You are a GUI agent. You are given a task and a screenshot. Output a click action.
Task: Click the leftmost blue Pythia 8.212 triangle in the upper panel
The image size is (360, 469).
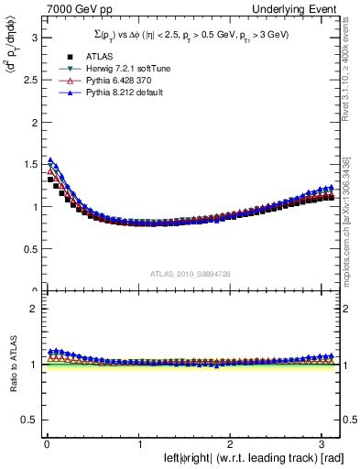(x=50, y=160)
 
